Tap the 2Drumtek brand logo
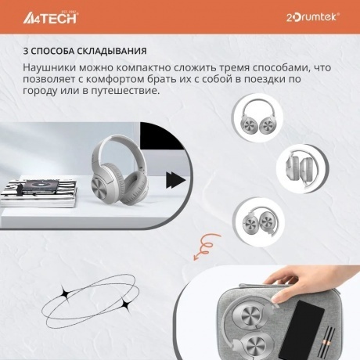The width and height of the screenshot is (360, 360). click(313, 16)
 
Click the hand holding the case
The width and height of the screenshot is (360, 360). click(290, 275)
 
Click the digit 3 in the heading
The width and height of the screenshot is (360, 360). click(26, 52)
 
